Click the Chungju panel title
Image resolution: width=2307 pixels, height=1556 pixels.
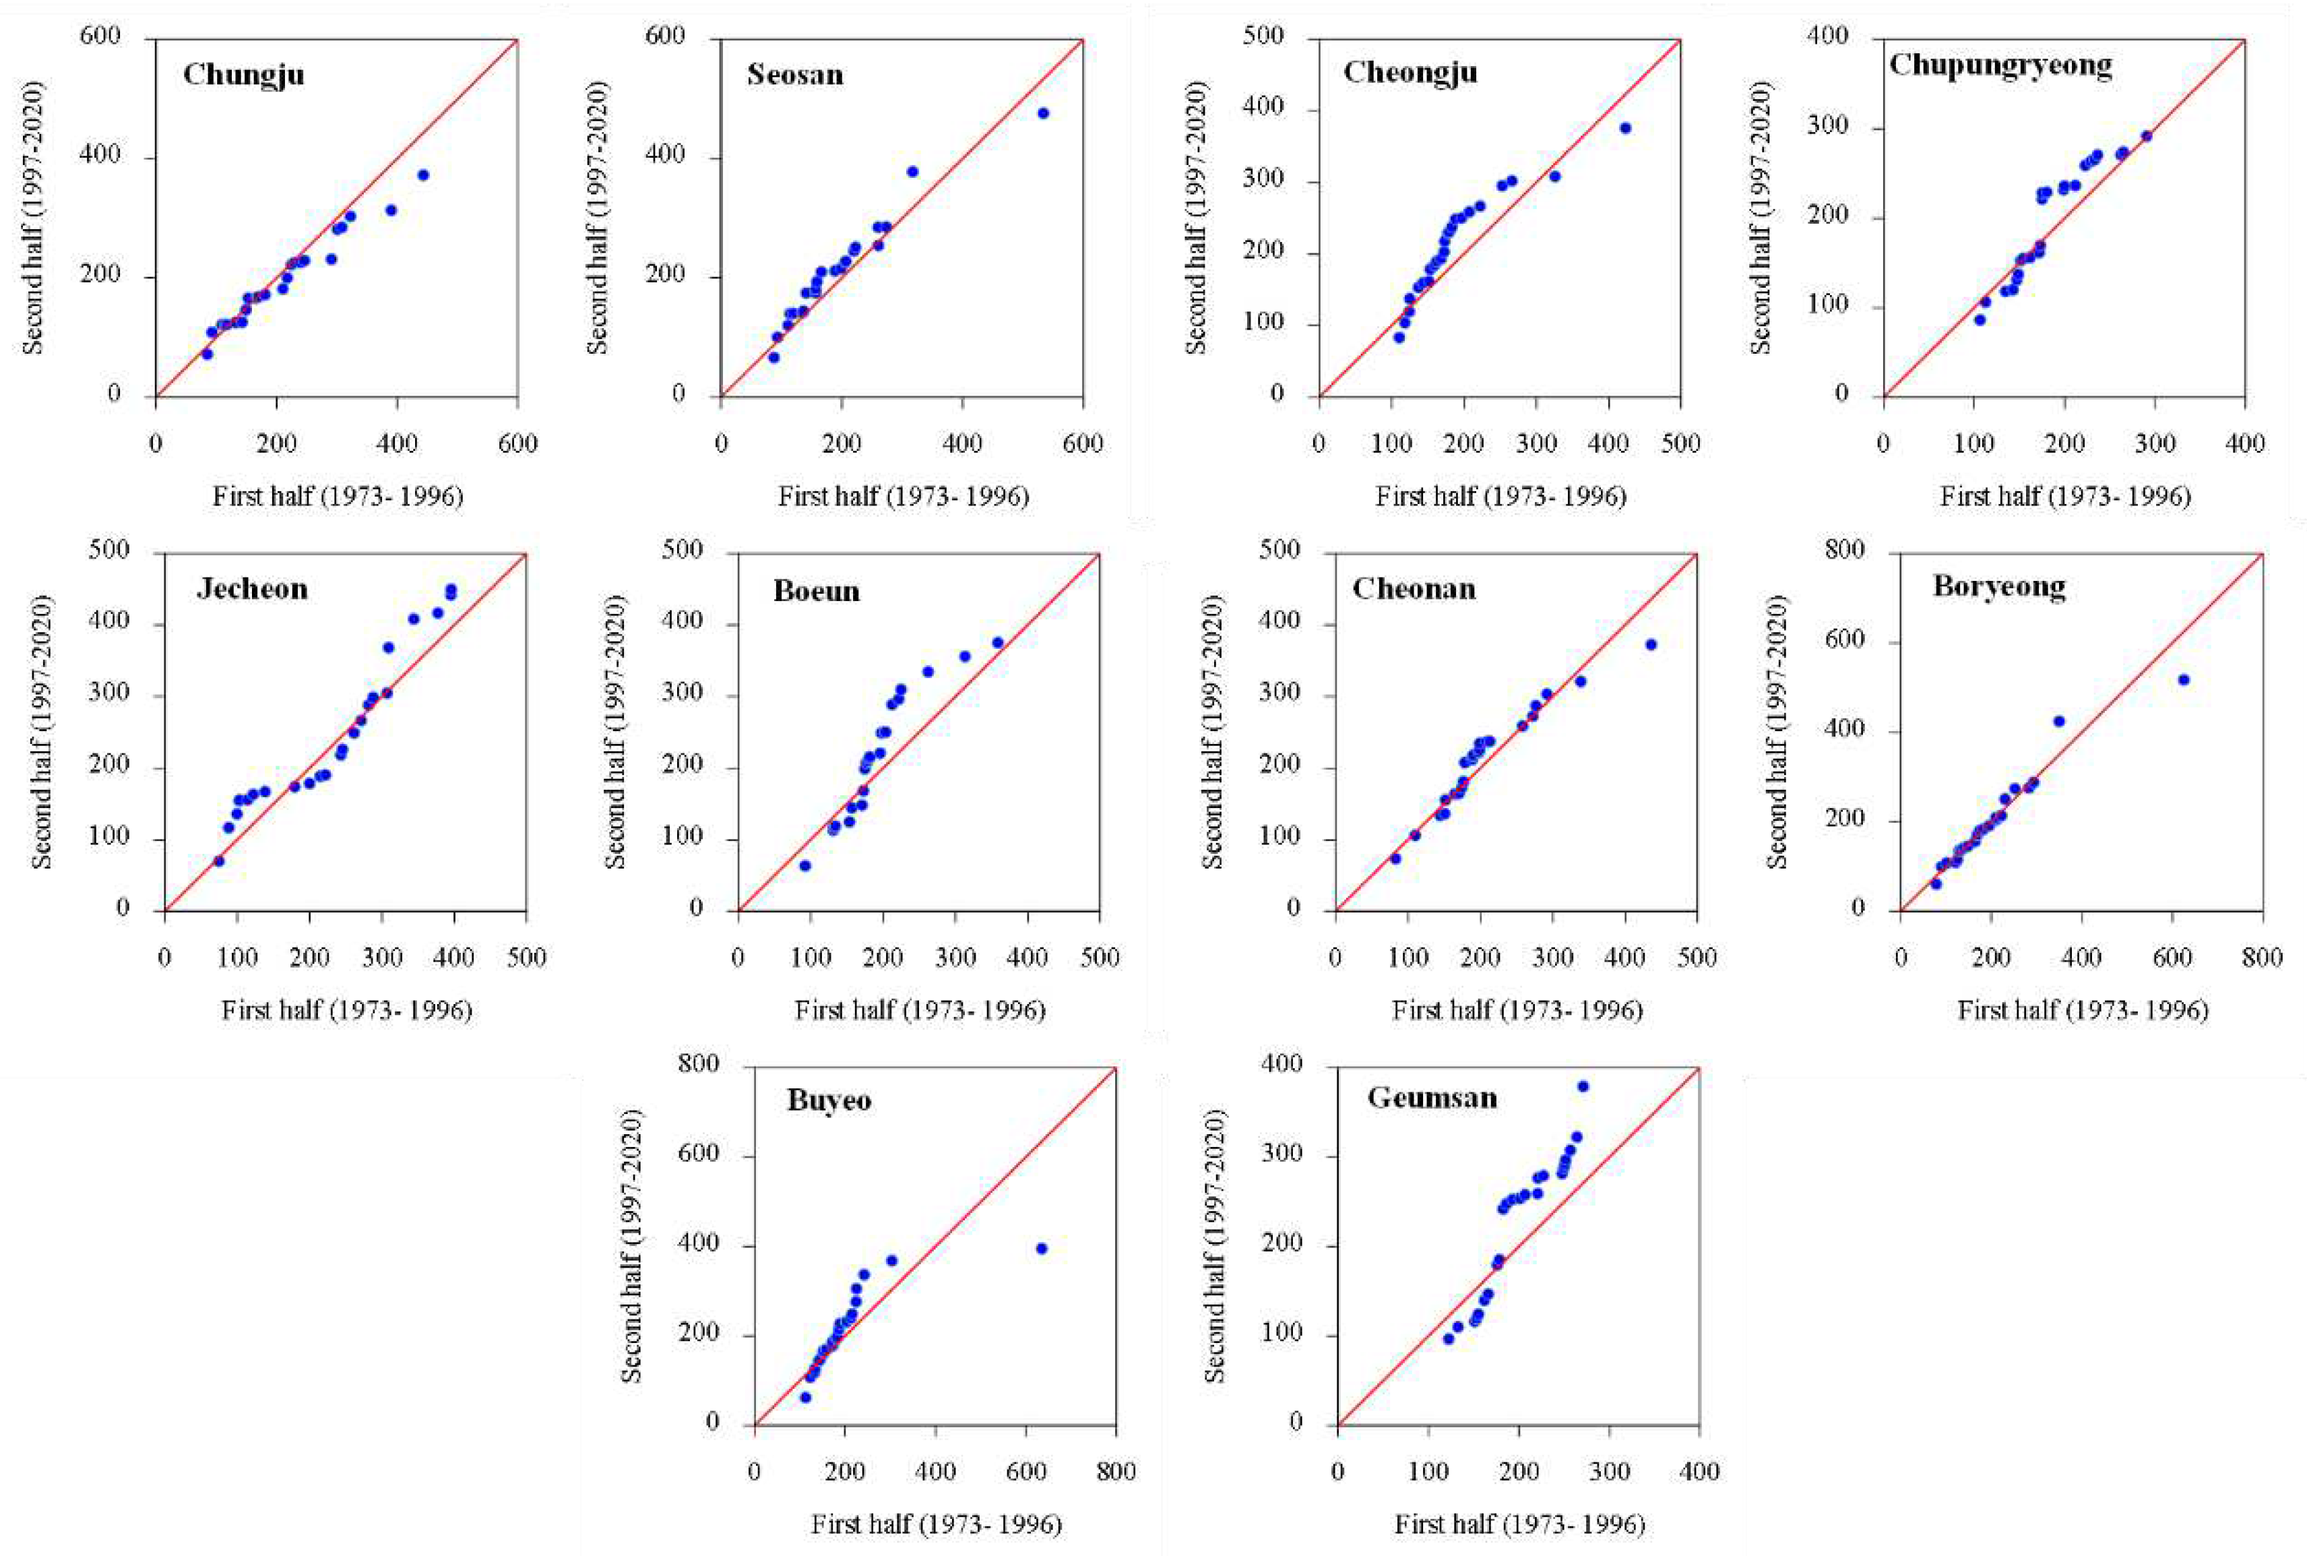click(x=243, y=74)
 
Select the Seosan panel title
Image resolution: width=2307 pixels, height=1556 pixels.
click(x=795, y=74)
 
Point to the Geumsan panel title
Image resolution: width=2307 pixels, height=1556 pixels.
click(x=1432, y=1098)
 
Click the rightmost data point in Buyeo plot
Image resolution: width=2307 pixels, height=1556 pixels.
click(x=1041, y=1249)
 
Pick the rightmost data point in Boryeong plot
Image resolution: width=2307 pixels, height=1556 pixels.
click(x=2183, y=680)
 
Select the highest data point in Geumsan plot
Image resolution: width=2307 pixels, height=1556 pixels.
click(x=1583, y=1086)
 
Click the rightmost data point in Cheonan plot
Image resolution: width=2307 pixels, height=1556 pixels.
click(x=1651, y=645)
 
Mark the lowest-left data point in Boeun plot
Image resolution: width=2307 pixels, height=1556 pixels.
click(x=804, y=865)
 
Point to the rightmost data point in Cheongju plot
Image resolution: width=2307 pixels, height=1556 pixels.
click(x=1625, y=128)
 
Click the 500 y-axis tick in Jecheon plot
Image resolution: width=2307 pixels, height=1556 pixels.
click(x=108, y=551)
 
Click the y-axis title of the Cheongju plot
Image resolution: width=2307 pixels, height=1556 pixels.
click(x=1197, y=217)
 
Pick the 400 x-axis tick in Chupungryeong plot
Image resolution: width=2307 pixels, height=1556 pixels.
click(x=2244, y=443)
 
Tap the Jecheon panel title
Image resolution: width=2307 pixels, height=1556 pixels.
click(x=252, y=590)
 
